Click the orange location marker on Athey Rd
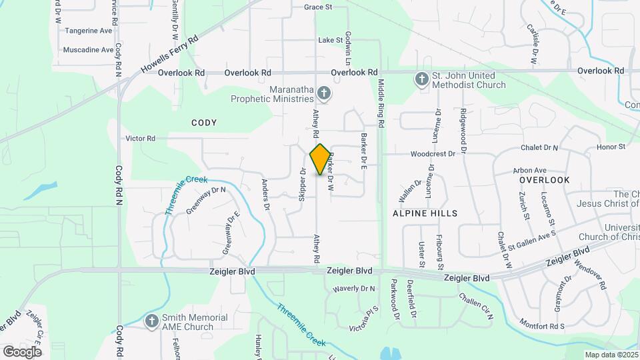[321, 159]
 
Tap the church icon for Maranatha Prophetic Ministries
[323, 93]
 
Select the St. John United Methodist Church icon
[421, 80]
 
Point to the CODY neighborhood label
[204, 123]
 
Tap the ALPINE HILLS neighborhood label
[425, 213]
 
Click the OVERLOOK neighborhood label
[544, 180]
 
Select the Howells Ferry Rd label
[171, 55]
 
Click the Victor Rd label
[141, 139]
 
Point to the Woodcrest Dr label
[432, 153]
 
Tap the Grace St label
[318, 7]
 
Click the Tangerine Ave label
[87, 31]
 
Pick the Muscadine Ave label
[89, 50]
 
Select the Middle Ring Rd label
[381, 103]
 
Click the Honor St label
[611, 147]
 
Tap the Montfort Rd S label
[543, 326]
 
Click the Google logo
[22, 351]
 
